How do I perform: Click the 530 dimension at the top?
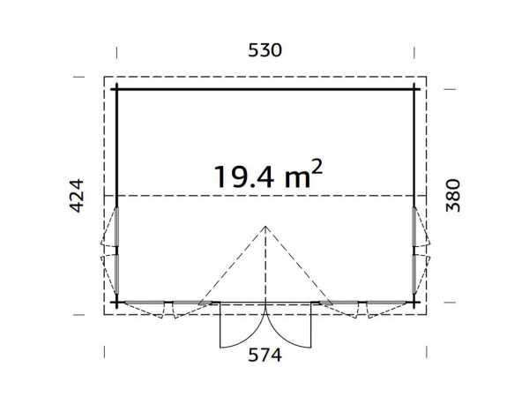click(x=264, y=50)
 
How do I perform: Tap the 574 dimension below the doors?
click(x=264, y=356)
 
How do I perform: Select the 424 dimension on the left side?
click(x=77, y=196)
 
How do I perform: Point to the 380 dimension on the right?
click(x=453, y=195)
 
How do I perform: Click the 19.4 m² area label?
click(x=268, y=175)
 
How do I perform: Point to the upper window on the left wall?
click(x=116, y=227)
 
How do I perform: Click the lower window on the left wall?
click(x=116, y=274)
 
